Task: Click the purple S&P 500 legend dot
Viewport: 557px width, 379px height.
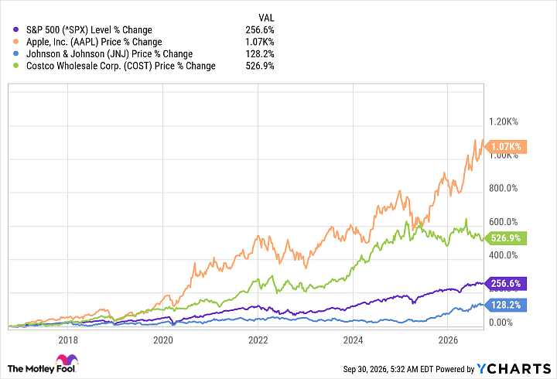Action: tap(15, 30)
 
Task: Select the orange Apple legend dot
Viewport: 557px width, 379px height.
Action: tap(15, 42)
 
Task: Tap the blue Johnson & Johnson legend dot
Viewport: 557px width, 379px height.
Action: tap(15, 54)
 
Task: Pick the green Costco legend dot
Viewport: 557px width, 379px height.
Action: tap(15, 66)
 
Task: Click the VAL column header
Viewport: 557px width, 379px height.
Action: tap(266, 18)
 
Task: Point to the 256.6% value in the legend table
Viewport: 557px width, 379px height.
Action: tap(260, 30)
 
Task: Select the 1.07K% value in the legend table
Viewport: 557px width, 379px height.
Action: tap(260, 42)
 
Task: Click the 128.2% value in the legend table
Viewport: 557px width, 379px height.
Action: tap(260, 54)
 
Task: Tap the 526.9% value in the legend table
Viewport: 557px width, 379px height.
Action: tap(260, 66)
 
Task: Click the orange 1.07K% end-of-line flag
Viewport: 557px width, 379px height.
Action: tap(505, 146)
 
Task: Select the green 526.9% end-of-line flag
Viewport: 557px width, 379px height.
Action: tap(505, 238)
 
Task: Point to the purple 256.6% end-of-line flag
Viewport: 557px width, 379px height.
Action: tap(505, 283)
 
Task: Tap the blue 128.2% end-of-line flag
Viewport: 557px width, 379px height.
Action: tap(505, 305)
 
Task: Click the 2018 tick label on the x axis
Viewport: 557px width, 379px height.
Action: tap(68, 340)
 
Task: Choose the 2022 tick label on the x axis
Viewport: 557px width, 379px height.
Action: tap(258, 340)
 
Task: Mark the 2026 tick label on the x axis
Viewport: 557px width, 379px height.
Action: tap(448, 340)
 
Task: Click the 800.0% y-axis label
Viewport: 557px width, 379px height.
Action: tap(504, 188)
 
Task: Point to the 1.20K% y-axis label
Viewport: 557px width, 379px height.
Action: tap(504, 122)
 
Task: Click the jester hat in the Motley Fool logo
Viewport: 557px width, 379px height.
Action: tap(67, 359)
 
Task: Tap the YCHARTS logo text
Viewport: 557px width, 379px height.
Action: tap(514, 369)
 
